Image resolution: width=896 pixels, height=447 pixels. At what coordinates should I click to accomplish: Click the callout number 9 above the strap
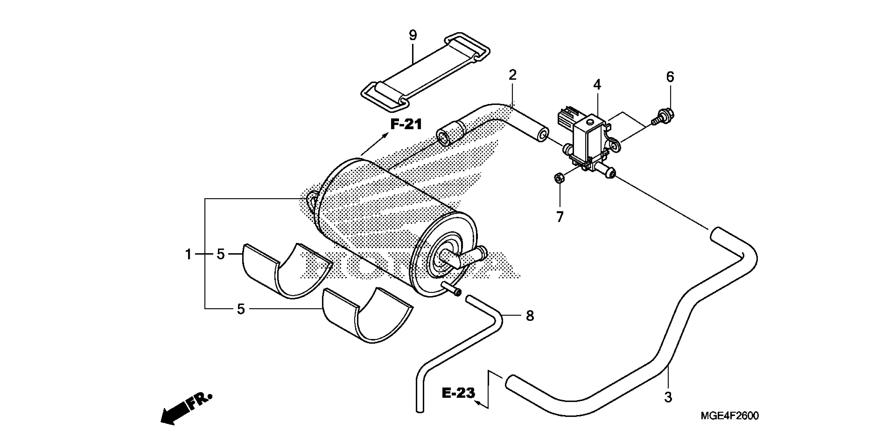click(x=413, y=35)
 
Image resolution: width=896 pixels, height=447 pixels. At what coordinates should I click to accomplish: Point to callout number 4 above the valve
click(x=597, y=84)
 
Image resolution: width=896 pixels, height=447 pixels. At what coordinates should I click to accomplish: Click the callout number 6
click(x=670, y=77)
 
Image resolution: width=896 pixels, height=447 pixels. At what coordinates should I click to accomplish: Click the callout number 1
click(x=188, y=255)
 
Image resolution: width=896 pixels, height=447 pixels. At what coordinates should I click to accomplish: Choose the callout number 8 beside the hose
click(x=529, y=316)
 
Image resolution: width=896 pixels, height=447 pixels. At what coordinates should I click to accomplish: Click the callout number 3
click(x=668, y=397)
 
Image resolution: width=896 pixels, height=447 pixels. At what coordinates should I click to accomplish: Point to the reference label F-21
click(x=406, y=124)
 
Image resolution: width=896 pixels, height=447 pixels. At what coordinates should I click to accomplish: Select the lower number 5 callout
click(x=241, y=309)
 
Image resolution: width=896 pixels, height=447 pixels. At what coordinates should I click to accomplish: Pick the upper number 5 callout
click(x=221, y=255)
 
